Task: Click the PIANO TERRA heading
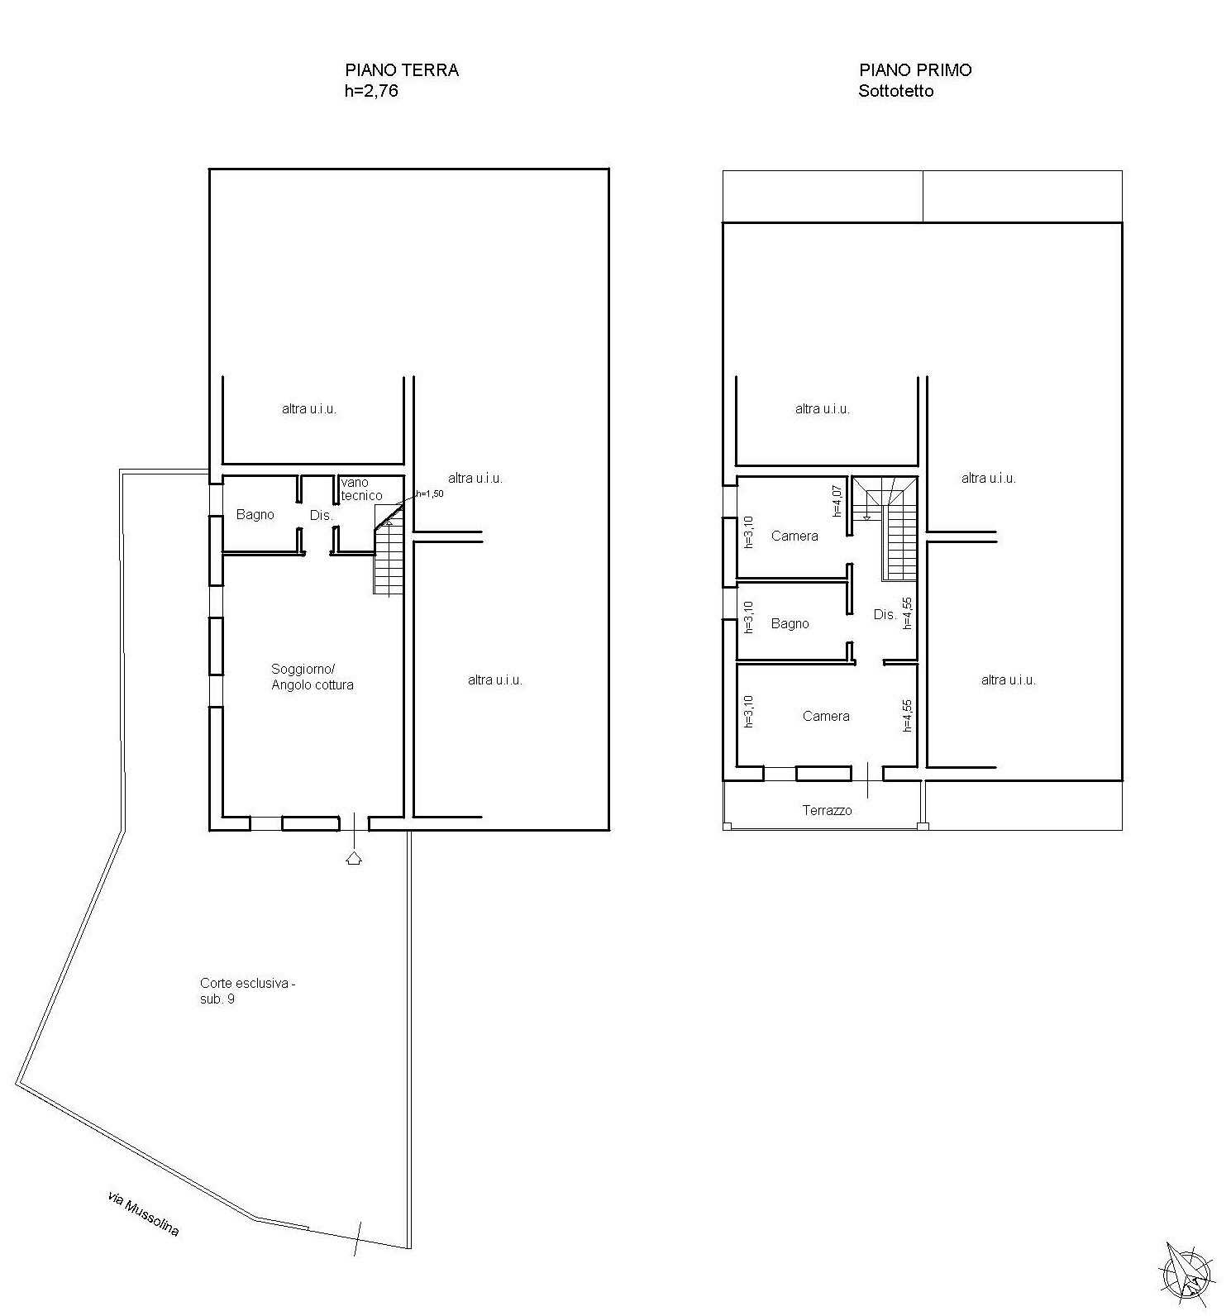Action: click(x=402, y=70)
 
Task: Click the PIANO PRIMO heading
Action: click(x=915, y=70)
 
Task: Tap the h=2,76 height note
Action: click(x=371, y=91)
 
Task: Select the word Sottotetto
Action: click(x=896, y=91)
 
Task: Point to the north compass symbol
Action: click(x=1188, y=1275)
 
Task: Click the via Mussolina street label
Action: click(x=143, y=1213)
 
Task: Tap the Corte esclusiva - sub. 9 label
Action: click(x=247, y=991)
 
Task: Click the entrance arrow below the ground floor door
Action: click(x=354, y=857)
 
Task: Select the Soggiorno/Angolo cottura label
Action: click(x=313, y=677)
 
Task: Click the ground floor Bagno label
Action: click(x=255, y=515)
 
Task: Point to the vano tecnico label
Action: click(x=361, y=489)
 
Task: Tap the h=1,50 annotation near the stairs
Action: click(x=430, y=493)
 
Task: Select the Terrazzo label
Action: click(x=827, y=811)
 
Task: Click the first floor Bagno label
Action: click(x=790, y=624)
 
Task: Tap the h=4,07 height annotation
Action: click(x=837, y=500)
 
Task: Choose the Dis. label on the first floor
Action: click(x=885, y=615)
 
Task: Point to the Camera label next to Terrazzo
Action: click(x=826, y=717)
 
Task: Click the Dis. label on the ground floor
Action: click(x=321, y=516)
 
